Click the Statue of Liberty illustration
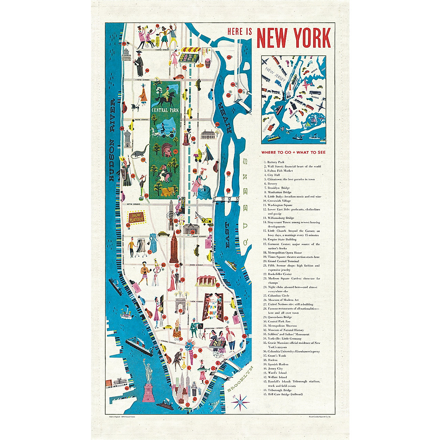(x=148, y=381)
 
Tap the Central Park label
(x=165, y=110)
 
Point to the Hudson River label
(x=112, y=140)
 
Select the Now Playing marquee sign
(x=136, y=217)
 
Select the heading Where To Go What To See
(x=293, y=152)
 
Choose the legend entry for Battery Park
(x=276, y=162)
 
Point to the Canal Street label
(x=169, y=342)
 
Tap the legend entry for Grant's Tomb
(x=277, y=356)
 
